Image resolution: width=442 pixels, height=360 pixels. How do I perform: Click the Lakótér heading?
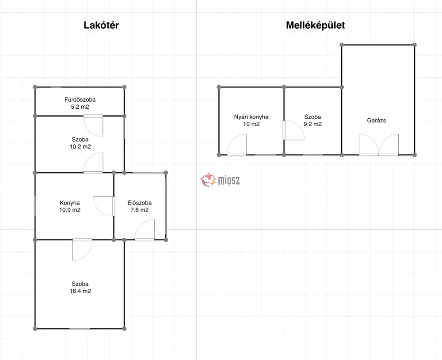pos(101,25)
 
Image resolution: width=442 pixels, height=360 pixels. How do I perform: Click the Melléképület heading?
pos(316,25)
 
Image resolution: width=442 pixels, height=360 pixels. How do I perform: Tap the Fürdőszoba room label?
pos(80,99)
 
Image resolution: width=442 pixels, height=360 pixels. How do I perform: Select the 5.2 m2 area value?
pos(80,107)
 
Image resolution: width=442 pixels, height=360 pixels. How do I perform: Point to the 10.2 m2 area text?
pos(80,147)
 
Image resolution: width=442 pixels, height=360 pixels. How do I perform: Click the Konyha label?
pos(70,203)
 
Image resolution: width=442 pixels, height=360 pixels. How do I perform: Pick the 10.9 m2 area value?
pos(70,210)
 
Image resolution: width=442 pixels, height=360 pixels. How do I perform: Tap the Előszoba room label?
pos(140,203)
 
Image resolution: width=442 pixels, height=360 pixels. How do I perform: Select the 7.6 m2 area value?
pos(140,210)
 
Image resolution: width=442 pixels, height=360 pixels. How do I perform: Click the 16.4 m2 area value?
pos(80,291)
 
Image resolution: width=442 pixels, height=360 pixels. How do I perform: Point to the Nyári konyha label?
pos(251,117)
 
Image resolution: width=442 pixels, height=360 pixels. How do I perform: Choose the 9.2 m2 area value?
pos(312,124)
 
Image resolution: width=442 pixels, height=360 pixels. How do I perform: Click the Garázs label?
pos(377,121)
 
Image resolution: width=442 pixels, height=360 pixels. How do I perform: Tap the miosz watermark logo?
pos(220,180)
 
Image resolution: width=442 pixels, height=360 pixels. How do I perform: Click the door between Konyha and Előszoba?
pos(104,206)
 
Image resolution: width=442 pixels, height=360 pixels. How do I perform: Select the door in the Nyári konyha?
pos(237,145)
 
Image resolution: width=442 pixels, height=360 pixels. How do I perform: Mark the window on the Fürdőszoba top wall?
pos(56,87)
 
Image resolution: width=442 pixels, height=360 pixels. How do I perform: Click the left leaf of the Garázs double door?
pos(369,145)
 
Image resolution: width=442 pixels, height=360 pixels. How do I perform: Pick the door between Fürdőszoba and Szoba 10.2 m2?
pos(93,126)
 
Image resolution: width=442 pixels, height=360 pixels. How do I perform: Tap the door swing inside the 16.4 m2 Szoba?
pos(82,250)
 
